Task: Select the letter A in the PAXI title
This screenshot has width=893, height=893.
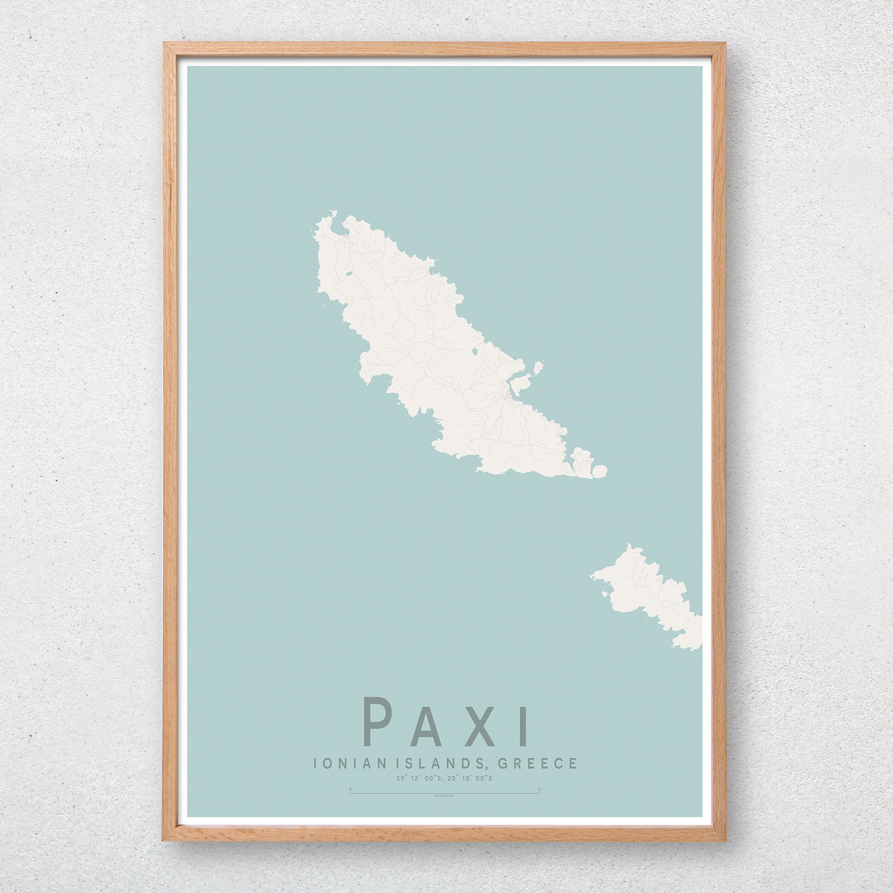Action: (426, 726)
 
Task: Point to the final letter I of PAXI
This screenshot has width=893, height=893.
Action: (524, 726)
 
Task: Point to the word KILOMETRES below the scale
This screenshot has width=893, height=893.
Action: (445, 796)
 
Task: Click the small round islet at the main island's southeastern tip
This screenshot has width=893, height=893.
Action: (600, 472)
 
